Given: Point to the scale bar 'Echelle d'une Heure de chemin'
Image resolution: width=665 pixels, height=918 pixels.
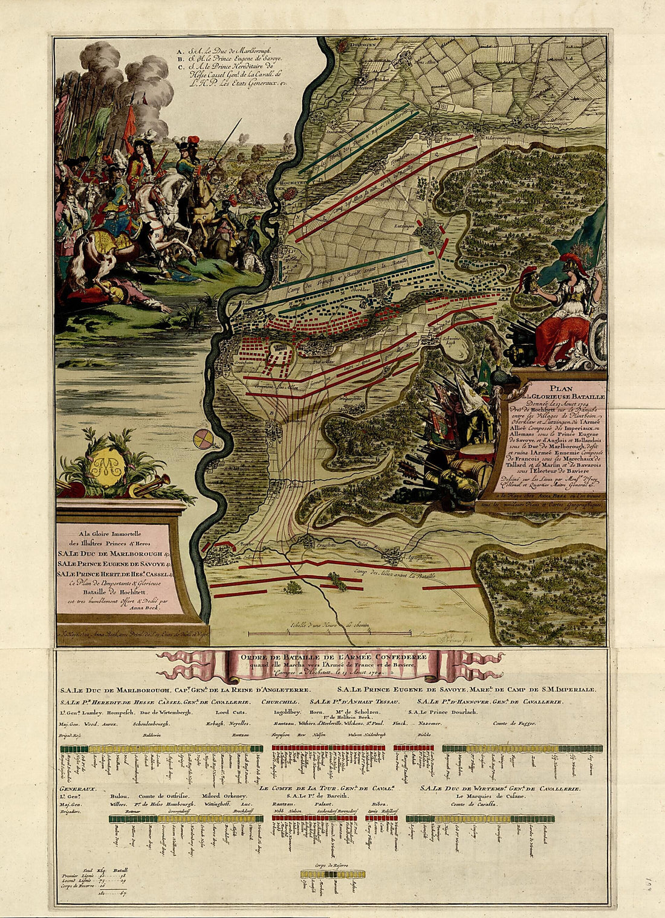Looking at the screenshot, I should tap(329, 626).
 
